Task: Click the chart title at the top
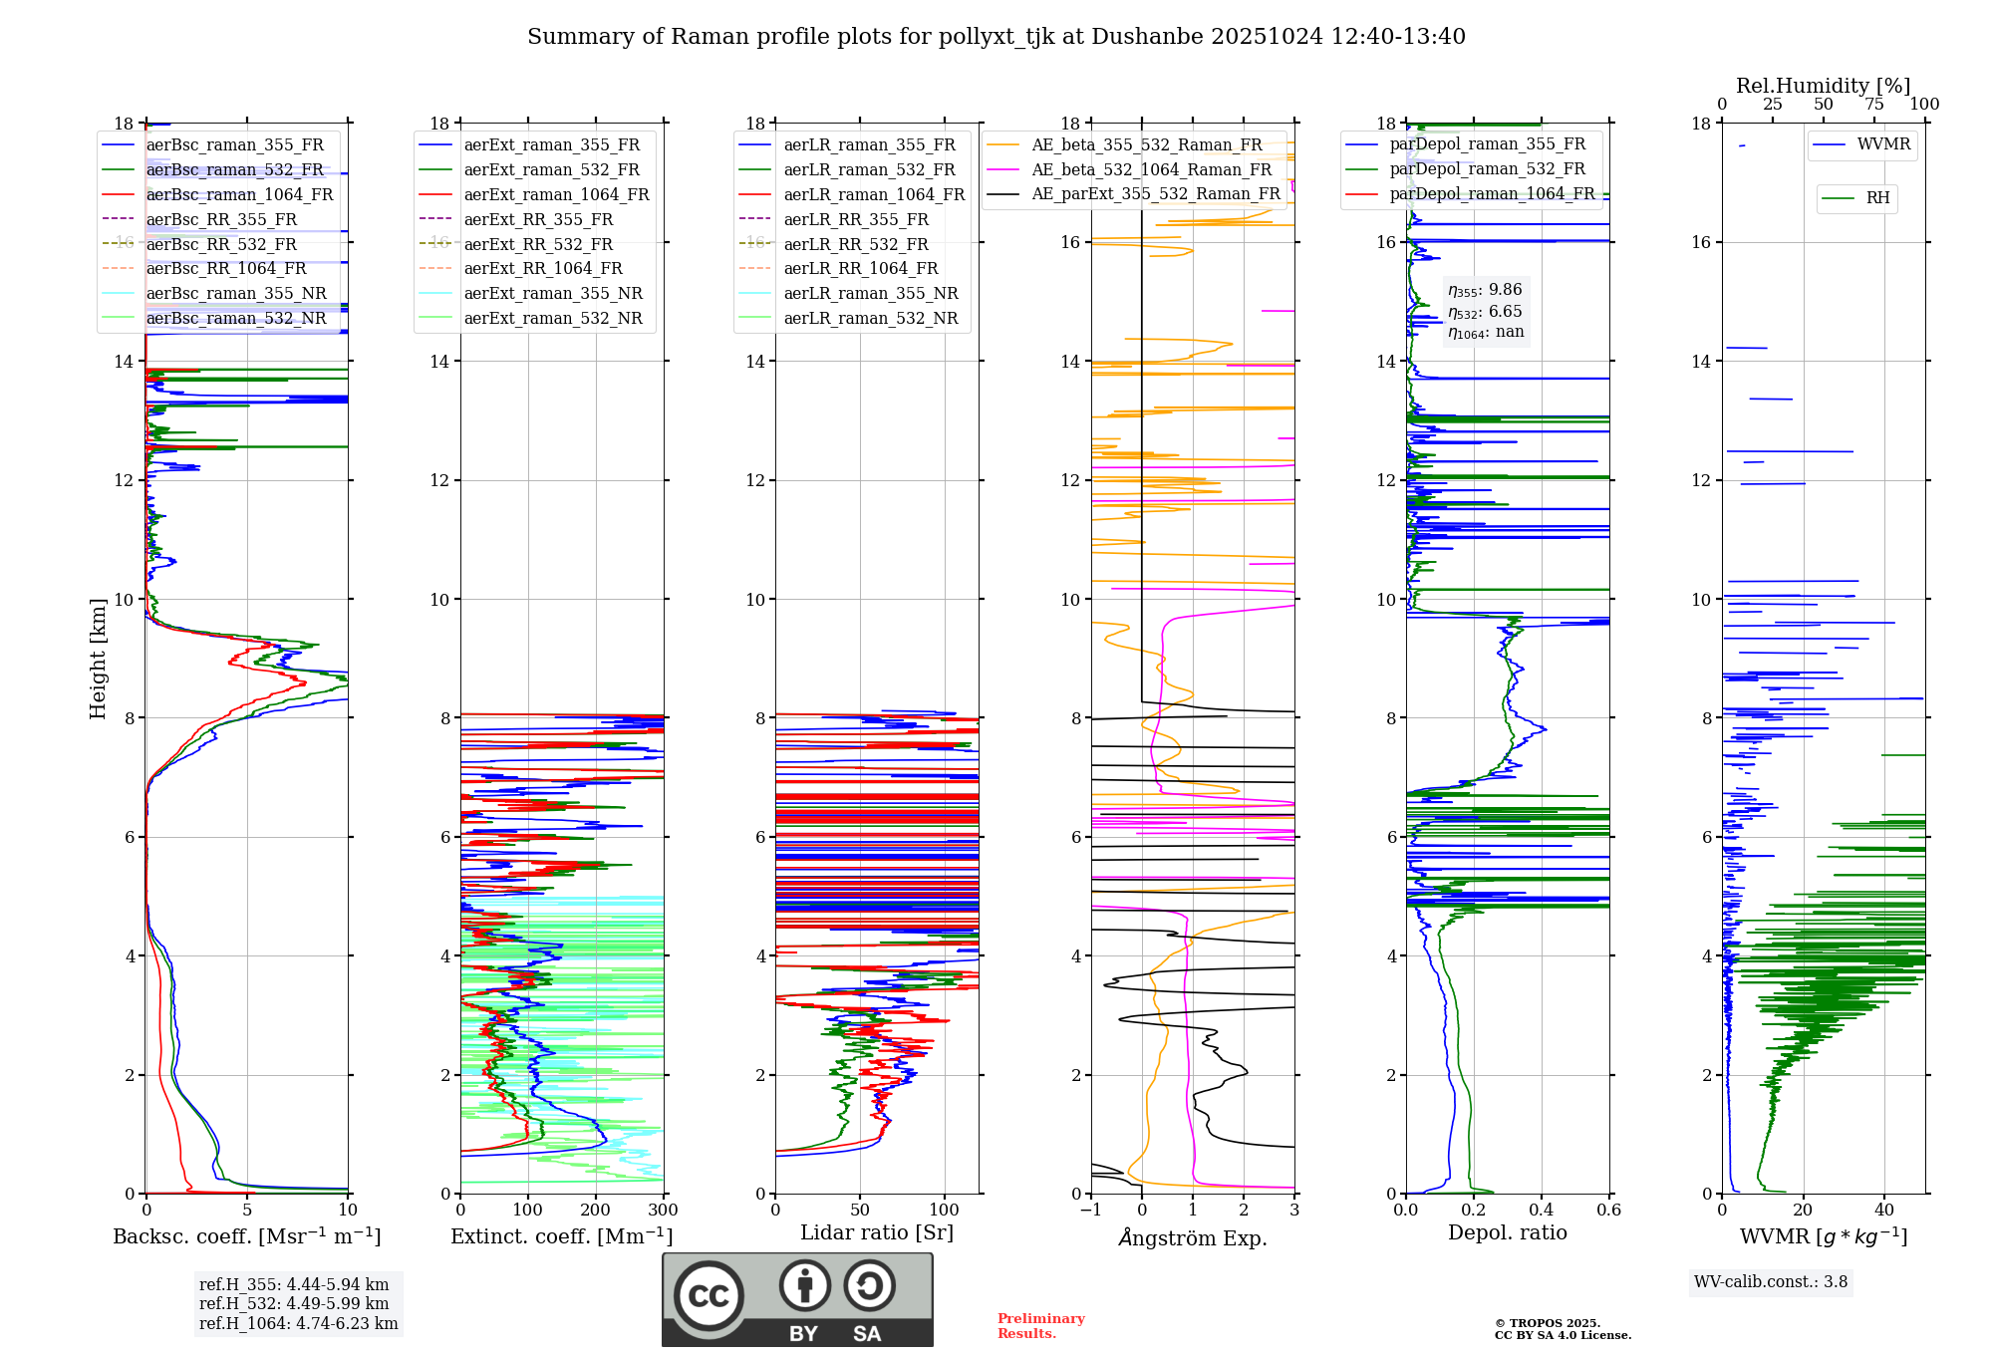(x=996, y=37)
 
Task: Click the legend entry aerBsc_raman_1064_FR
(x=239, y=194)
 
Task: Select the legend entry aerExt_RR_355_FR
(x=538, y=219)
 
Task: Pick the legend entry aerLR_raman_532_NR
(x=870, y=318)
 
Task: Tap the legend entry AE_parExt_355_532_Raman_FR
(x=1155, y=193)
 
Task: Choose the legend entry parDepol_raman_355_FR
(x=1487, y=144)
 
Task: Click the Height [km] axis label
(x=98, y=658)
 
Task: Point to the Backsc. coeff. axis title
(x=246, y=1236)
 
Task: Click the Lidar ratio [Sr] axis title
(x=877, y=1232)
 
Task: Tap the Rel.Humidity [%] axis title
(x=1823, y=86)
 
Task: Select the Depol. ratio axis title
(x=1507, y=1232)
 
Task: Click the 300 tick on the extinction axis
(x=663, y=1211)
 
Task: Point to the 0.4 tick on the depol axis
(x=1542, y=1211)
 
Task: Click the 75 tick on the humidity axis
(x=1874, y=105)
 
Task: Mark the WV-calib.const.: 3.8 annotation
(x=1771, y=1282)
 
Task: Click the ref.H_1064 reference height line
(x=298, y=1324)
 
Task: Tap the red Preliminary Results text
(x=1040, y=1326)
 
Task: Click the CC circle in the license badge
(x=709, y=1296)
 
